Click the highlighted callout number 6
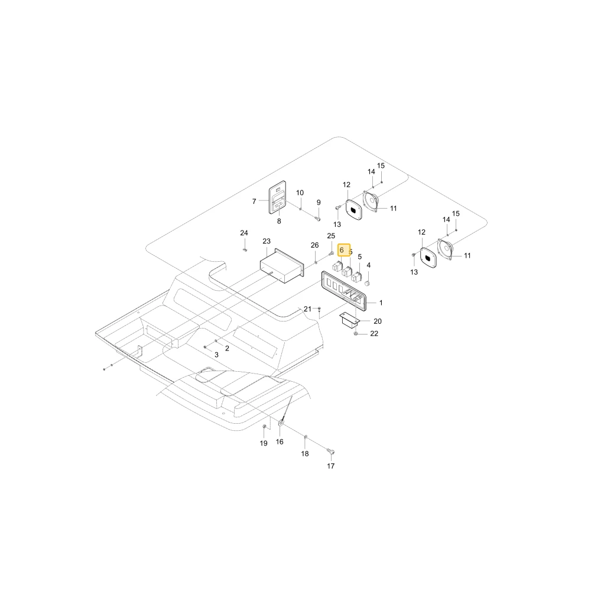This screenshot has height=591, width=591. point(342,250)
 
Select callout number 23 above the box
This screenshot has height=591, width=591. point(267,241)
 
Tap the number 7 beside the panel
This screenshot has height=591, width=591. point(254,202)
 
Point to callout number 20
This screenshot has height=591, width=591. point(378,321)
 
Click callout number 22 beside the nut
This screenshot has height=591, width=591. point(374,333)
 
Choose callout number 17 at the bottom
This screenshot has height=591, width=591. point(330,466)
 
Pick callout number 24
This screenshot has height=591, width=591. point(244,233)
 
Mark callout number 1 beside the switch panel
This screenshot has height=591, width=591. point(381,303)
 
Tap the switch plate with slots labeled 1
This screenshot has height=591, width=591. point(343,291)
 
